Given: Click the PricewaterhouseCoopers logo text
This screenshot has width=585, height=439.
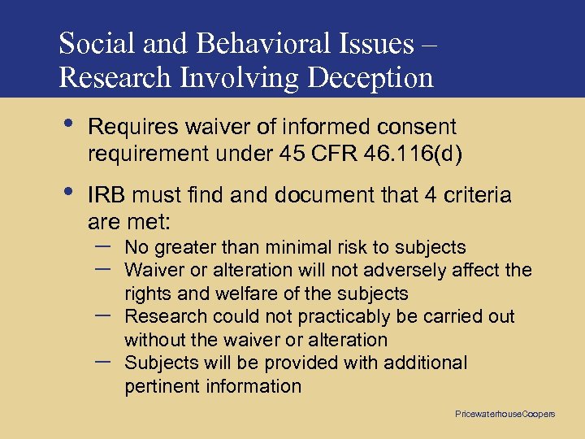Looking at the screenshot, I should pos(505,414).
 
